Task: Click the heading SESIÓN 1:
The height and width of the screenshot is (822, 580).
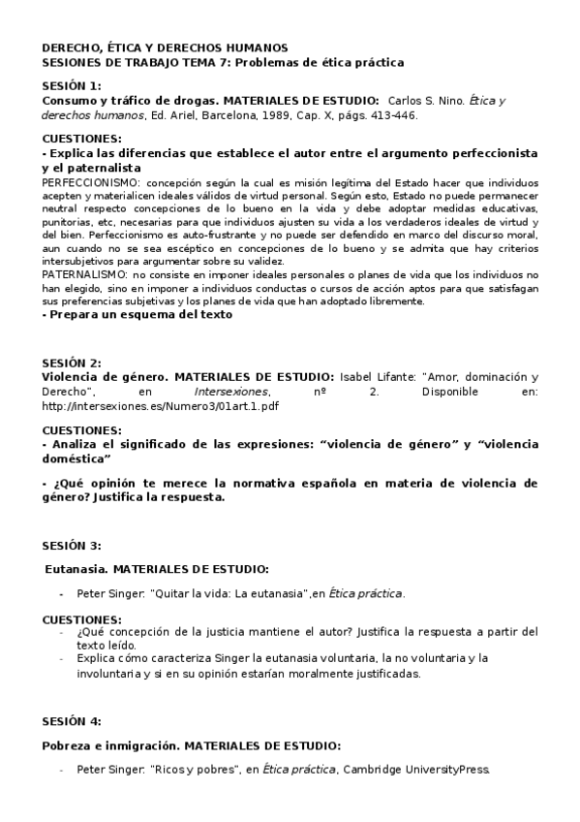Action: pos(72,85)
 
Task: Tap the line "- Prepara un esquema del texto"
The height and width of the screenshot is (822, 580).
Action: pos(138,314)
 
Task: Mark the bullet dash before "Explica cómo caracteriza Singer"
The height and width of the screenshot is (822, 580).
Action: pos(63,658)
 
